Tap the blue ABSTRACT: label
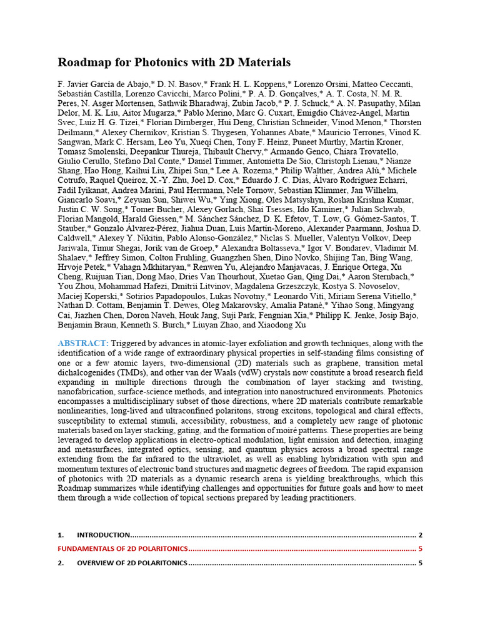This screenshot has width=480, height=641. point(82,344)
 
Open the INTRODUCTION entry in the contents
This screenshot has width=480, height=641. point(103,535)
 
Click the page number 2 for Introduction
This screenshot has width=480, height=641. point(421,535)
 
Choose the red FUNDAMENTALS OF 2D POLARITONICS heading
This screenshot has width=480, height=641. point(122,549)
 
